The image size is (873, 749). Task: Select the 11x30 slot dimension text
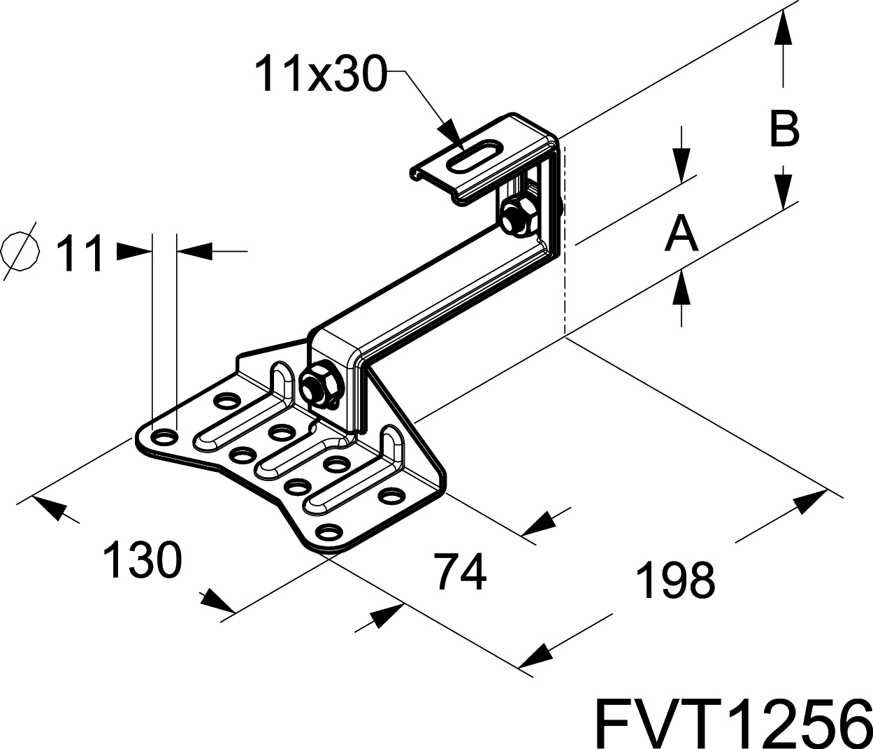[x=320, y=74]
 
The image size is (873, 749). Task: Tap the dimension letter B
[x=784, y=129]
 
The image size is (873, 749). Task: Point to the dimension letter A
[x=681, y=234]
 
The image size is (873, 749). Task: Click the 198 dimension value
[x=676, y=579]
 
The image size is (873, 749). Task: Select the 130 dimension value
[x=142, y=559]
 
